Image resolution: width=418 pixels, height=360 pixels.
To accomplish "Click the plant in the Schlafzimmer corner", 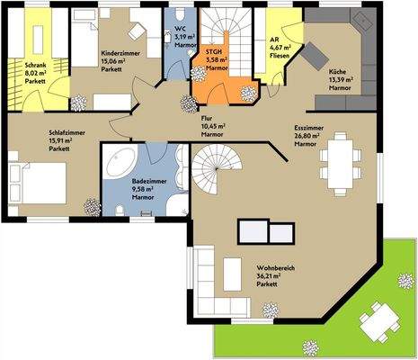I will coord(90,206).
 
